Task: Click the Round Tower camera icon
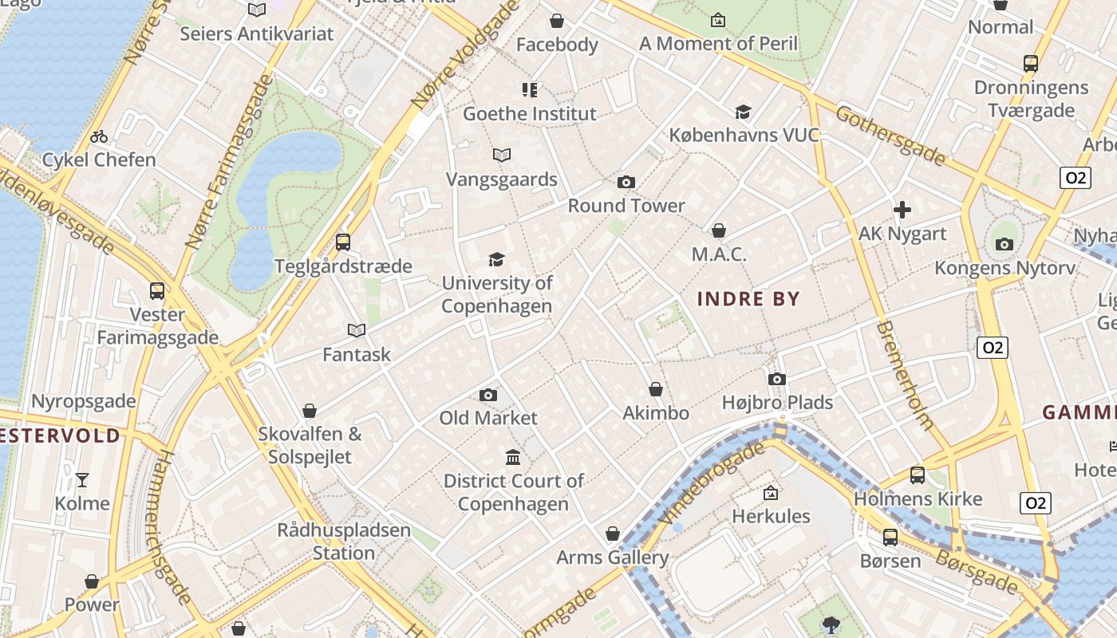(626, 183)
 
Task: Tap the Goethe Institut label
(530, 113)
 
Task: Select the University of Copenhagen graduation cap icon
(496, 259)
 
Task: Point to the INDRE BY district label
(748, 299)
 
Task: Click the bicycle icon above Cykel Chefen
(99, 136)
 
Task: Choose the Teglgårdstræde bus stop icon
(343, 242)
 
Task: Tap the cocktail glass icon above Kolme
(82, 479)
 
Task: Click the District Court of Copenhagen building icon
(514, 458)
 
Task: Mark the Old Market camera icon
(488, 395)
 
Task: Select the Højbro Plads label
(777, 403)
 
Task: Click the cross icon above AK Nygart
(902, 210)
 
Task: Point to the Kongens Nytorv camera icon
(1005, 244)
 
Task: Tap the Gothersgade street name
(890, 136)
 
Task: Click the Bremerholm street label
(904, 375)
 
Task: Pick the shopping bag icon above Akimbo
(656, 389)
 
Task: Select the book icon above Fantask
(357, 330)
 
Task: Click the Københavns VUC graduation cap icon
(744, 112)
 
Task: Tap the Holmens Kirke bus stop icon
(918, 475)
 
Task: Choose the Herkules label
(771, 516)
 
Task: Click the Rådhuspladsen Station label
(344, 541)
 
